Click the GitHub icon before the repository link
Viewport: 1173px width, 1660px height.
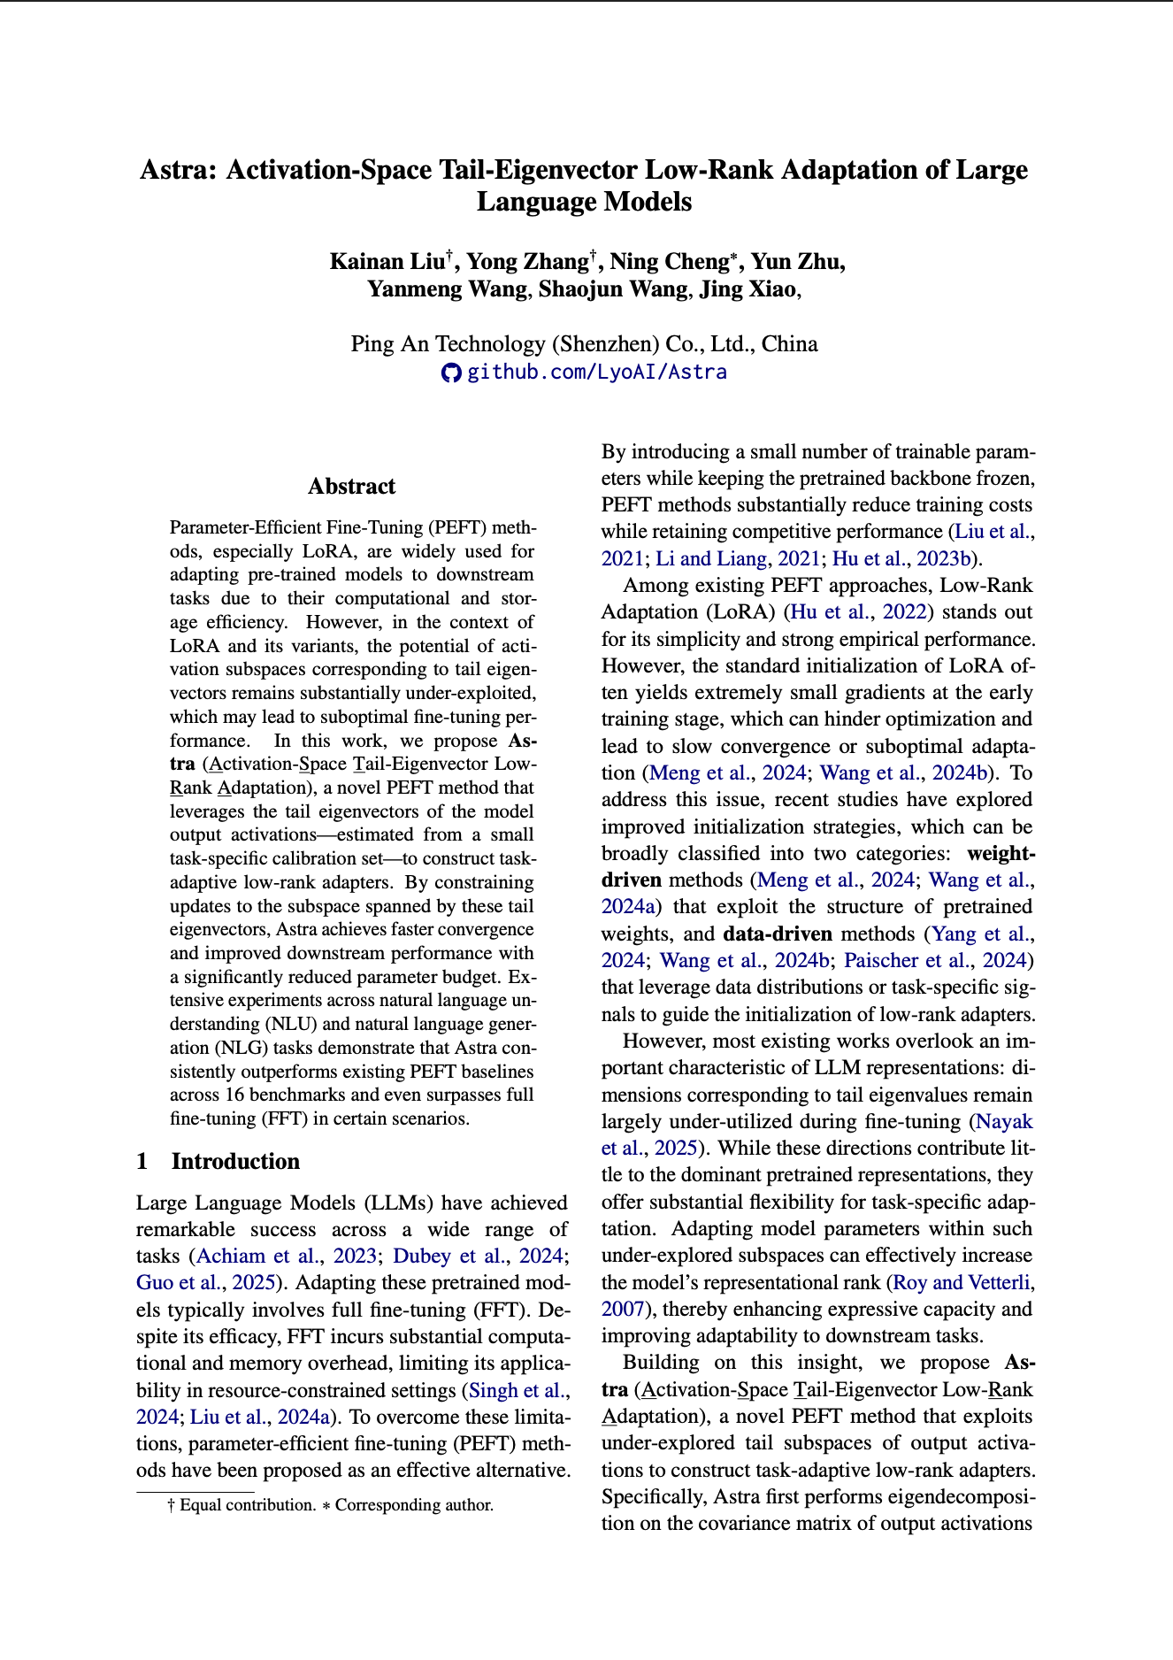451,373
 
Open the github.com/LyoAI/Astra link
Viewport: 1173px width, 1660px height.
596,372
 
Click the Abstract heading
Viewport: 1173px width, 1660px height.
351,486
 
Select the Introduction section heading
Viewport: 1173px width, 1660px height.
235,1161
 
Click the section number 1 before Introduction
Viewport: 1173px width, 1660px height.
142,1161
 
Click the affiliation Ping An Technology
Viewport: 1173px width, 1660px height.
448,343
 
